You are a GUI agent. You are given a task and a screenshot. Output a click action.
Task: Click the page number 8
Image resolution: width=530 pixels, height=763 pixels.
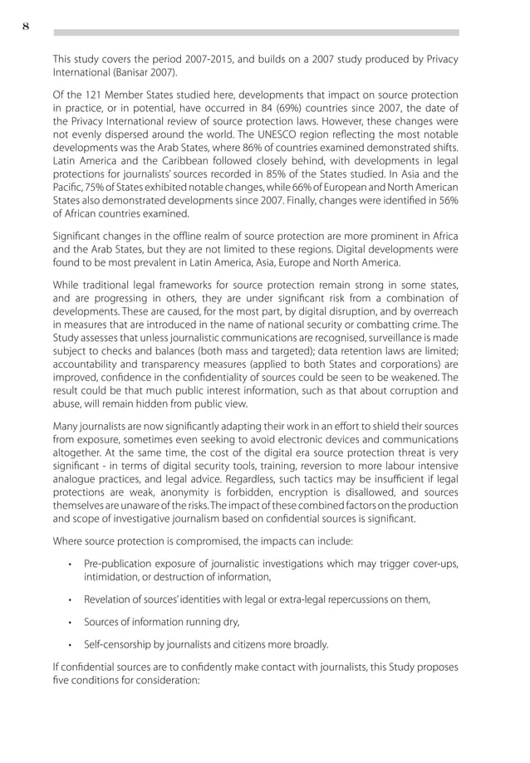tap(26, 26)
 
